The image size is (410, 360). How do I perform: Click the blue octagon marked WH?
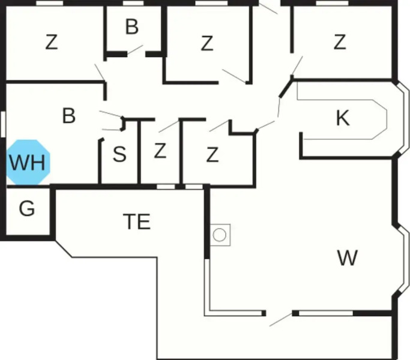(x=28, y=162)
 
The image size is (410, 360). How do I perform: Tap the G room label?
(x=27, y=208)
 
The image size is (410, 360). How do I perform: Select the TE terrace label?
(x=137, y=221)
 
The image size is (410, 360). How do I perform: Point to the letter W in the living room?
(x=347, y=257)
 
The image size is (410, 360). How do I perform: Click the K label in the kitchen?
(x=343, y=118)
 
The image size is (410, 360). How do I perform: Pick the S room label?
(x=119, y=154)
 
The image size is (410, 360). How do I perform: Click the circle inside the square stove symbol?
(x=219, y=235)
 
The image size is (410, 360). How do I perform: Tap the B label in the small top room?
(x=132, y=26)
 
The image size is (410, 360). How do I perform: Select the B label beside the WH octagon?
(x=69, y=115)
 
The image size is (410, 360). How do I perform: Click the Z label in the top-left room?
(x=52, y=42)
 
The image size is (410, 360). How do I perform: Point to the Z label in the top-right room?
(x=340, y=42)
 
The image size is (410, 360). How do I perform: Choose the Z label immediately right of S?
(x=160, y=151)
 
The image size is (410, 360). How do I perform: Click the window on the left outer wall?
(x=3, y=124)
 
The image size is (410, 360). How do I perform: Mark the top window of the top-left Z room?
(x=49, y=3)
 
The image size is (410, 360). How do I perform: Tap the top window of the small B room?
(x=133, y=3)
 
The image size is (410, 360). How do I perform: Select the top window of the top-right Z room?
(x=332, y=3)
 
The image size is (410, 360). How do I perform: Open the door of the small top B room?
(x=135, y=49)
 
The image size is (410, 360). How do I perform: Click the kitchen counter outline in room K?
(x=342, y=119)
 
